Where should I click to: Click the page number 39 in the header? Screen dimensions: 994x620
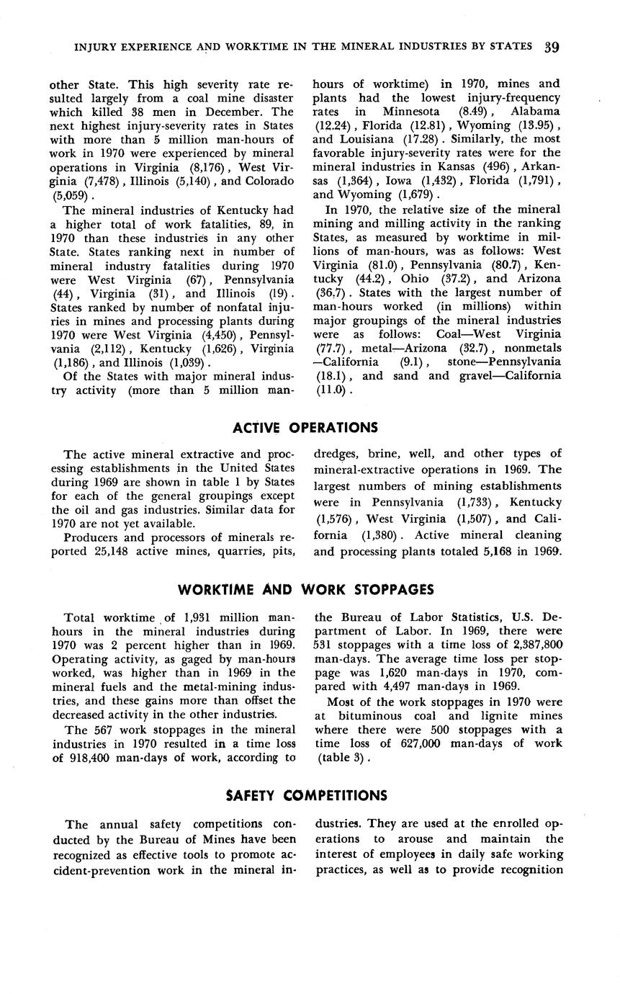(553, 48)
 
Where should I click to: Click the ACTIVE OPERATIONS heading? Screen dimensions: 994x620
(305, 428)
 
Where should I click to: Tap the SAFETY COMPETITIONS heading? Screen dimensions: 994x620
(305, 796)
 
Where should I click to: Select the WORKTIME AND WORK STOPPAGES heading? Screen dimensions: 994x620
(305, 590)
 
